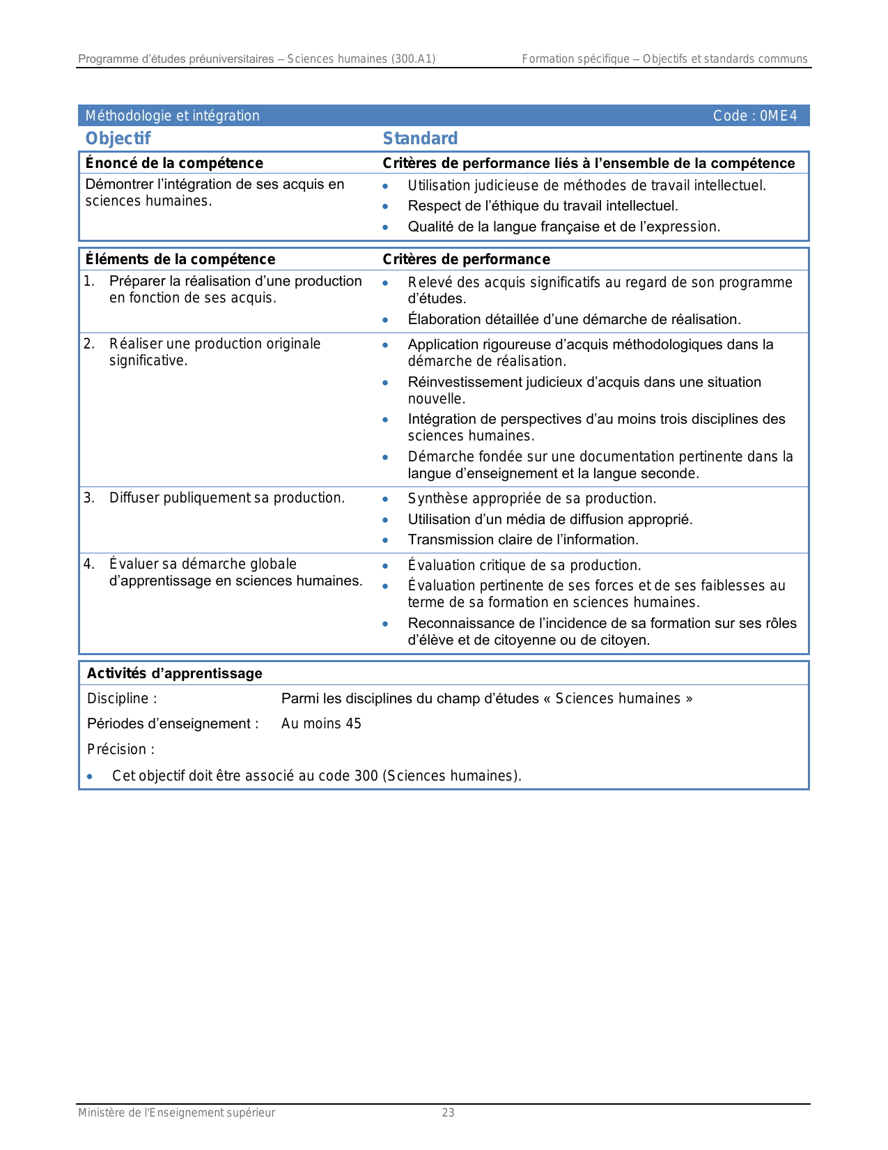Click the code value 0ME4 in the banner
(779, 116)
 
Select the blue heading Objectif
(118, 139)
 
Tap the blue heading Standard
(420, 139)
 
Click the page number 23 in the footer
(448, 1112)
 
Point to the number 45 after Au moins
(353, 723)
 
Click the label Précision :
(120, 749)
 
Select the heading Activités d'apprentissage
(174, 673)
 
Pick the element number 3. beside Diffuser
(89, 498)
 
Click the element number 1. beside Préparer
(89, 281)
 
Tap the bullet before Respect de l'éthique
(385, 206)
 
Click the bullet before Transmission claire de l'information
(385, 540)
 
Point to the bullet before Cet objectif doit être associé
(90, 776)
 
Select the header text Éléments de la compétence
(180, 259)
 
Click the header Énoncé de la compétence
(174, 163)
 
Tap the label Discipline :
(122, 698)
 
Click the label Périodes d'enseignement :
(173, 723)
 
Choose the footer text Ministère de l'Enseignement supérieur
(176, 1112)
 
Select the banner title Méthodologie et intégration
(172, 116)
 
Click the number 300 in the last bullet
(366, 776)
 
